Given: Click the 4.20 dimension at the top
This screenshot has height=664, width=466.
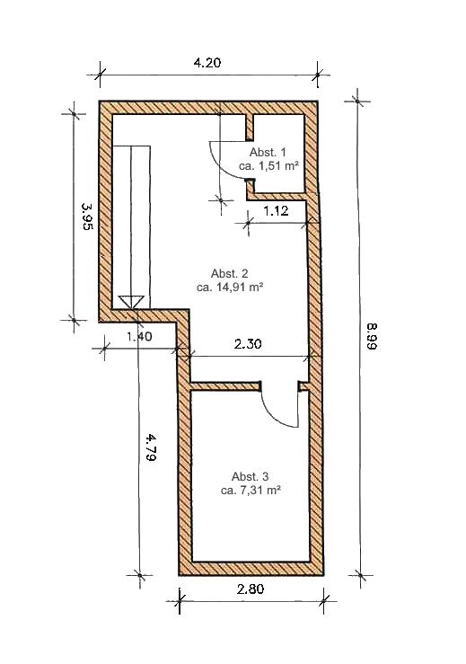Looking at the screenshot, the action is (207, 63).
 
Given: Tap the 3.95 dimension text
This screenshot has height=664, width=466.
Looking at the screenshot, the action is (87, 217).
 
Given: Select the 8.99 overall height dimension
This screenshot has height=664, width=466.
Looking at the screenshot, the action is (372, 336).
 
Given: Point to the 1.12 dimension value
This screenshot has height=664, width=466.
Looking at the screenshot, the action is (276, 210).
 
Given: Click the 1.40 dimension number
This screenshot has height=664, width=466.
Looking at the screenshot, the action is (139, 337).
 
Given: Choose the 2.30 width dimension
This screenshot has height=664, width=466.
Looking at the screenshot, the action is (248, 343).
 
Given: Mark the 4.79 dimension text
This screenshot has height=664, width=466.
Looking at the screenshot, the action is (151, 447).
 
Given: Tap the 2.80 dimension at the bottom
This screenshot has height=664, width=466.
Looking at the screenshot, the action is (251, 589).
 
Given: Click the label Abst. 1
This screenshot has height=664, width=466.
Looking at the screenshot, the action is (268, 152).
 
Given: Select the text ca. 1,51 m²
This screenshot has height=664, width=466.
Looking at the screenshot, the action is (268, 165).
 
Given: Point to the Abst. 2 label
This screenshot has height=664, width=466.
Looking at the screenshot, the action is (230, 273).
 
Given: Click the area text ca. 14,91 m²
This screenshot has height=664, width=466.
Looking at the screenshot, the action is (230, 288).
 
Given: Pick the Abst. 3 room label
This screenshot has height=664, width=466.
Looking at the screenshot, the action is (251, 476).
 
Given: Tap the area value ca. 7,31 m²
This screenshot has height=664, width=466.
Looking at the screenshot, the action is (251, 491).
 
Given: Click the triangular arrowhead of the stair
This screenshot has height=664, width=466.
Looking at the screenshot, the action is (131, 302).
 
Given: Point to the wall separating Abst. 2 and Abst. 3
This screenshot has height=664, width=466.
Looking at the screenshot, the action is (224, 386).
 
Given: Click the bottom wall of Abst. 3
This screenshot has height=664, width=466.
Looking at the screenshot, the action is (251, 569).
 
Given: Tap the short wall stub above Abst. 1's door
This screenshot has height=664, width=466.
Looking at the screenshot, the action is (250, 127).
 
